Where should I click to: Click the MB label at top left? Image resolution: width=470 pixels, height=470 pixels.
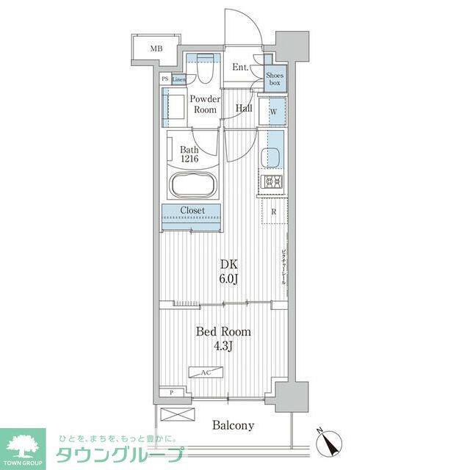pos(156,49)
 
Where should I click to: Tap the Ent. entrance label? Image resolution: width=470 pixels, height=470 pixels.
pos(240,68)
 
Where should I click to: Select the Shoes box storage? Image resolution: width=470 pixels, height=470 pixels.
pos(275,79)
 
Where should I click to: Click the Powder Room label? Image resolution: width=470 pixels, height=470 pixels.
pos(205,104)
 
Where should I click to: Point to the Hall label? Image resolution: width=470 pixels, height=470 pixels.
pos(244,109)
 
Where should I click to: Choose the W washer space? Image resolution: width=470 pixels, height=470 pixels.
pos(273,112)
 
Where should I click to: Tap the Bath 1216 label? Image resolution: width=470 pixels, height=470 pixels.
pos(189,155)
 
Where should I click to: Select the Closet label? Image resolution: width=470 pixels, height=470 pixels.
pos(191,211)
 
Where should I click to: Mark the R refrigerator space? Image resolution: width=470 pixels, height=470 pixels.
pos(273,212)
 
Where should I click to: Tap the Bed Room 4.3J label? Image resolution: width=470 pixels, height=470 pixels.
pos(223,339)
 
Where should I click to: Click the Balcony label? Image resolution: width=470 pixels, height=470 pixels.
pos(234,425)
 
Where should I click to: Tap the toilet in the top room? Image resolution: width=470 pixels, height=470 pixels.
pos(204,70)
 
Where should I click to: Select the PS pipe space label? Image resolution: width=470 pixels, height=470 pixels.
pos(165,79)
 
